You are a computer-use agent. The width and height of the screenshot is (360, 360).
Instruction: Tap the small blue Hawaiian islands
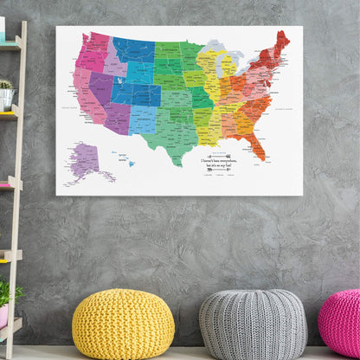[130, 162]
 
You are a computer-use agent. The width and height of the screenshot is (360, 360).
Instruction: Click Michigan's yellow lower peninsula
[228, 69]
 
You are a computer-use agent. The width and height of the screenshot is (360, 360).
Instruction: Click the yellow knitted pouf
[123, 325]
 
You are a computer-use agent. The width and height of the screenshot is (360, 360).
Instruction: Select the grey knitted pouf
[252, 325]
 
